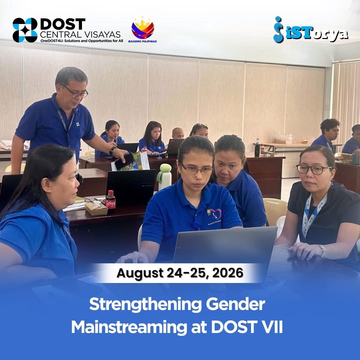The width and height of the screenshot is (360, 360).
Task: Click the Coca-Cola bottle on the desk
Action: click(x=110, y=200)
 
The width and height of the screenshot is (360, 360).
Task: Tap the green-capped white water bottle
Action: click(x=164, y=177)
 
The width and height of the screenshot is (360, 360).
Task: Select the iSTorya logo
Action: click(x=311, y=30)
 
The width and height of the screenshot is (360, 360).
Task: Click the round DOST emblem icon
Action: click(x=25, y=30)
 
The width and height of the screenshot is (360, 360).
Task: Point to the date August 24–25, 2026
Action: click(x=180, y=273)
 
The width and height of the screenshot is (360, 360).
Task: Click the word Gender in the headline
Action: click(x=235, y=305)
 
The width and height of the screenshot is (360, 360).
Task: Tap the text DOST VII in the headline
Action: click(x=247, y=327)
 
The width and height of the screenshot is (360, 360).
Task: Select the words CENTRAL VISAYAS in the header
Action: click(x=80, y=34)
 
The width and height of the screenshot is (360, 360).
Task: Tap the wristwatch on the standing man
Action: click(x=113, y=151)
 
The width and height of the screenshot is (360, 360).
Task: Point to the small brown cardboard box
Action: click(x=96, y=209)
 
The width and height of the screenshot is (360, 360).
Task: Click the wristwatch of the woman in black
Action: click(x=323, y=250)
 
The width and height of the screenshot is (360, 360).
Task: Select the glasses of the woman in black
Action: click(x=314, y=169)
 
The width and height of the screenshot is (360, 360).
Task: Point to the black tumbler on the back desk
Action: click(x=257, y=150)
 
